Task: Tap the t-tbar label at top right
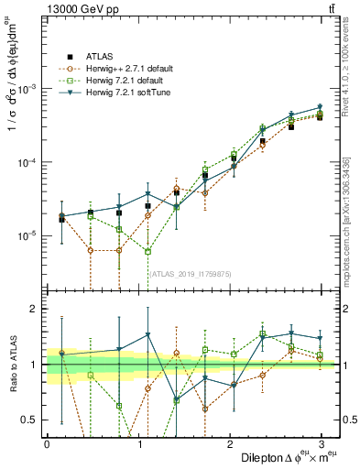point(331,10)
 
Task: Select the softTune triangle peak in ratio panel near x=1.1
point(147,334)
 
